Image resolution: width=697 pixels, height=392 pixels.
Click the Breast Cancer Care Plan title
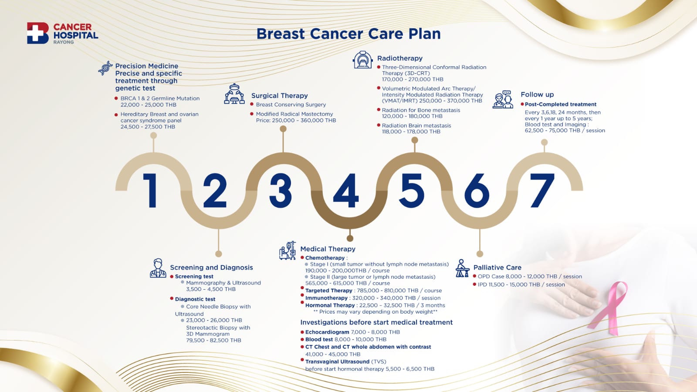click(348, 34)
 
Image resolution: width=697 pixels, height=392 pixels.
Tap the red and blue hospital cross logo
click(37, 33)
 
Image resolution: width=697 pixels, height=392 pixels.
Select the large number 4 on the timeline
click(346, 190)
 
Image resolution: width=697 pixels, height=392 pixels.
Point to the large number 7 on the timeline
click(542, 190)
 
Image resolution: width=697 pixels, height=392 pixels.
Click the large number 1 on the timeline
click(150, 190)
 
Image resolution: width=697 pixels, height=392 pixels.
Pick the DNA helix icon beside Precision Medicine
click(105, 68)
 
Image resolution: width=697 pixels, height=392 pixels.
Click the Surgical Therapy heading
click(279, 95)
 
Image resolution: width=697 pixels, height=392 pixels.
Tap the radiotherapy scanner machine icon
click(362, 60)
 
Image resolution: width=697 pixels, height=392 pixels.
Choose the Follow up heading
click(538, 94)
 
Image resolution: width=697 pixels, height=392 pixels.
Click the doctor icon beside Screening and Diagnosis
click(158, 268)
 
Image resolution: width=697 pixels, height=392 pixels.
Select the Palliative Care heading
click(497, 267)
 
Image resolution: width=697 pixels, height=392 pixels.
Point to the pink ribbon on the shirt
click(608, 308)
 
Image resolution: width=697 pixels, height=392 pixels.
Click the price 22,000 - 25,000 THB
click(149, 105)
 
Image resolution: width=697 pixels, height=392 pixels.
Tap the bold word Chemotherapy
click(325, 258)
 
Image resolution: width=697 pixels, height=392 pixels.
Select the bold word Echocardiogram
click(327, 332)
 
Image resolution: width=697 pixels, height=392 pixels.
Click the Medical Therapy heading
click(328, 249)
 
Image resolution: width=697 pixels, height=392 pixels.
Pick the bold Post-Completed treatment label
click(560, 104)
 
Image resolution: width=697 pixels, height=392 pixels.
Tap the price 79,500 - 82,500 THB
click(213, 340)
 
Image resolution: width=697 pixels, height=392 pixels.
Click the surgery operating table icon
click(234, 94)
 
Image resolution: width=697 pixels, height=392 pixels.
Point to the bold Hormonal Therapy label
click(330, 305)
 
